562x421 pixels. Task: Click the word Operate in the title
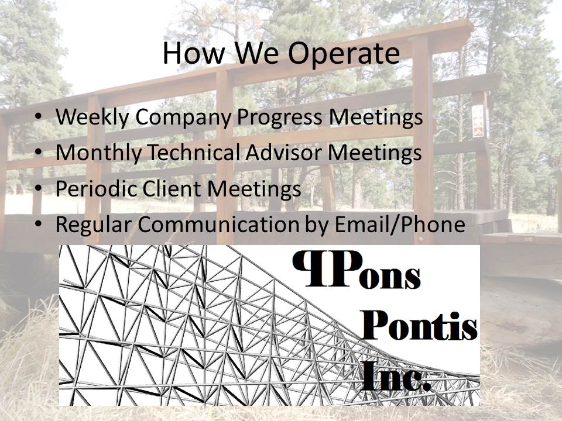click(344, 54)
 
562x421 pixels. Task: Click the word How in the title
click(194, 53)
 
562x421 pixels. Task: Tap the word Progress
click(280, 118)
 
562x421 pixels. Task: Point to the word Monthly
click(98, 153)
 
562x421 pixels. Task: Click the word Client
click(172, 188)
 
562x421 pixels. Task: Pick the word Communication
click(218, 224)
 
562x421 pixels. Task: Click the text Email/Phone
click(399, 224)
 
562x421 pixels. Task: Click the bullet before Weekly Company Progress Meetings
click(39, 116)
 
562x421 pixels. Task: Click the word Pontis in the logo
click(419, 326)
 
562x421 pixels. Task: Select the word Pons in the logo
click(357, 269)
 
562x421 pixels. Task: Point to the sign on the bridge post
click(478, 121)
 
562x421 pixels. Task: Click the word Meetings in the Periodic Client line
click(254, 189)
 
